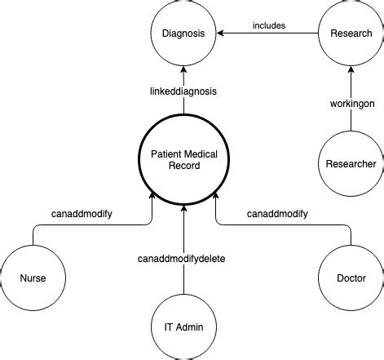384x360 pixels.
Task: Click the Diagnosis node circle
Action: tap(184, 33)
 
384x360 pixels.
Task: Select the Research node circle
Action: tap(350, 33)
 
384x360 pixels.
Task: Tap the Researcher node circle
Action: tap(350, 163)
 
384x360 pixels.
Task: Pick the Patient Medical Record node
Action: tap(184, 159)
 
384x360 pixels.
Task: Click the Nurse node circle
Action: tap(33, 278)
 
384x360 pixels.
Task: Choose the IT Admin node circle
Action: tap(184, 327)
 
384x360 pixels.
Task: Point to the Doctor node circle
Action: tap(350, 278)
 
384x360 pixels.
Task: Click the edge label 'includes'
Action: tap(268, 25)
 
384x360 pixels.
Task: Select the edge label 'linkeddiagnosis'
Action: tap(184, 92)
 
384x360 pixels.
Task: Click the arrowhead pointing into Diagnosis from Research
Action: tap(221, 33)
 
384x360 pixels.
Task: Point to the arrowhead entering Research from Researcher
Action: tap(350, 71)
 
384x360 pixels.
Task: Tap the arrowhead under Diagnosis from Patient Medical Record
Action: tap(184, 71)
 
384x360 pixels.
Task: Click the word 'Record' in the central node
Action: tap(184, 166)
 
